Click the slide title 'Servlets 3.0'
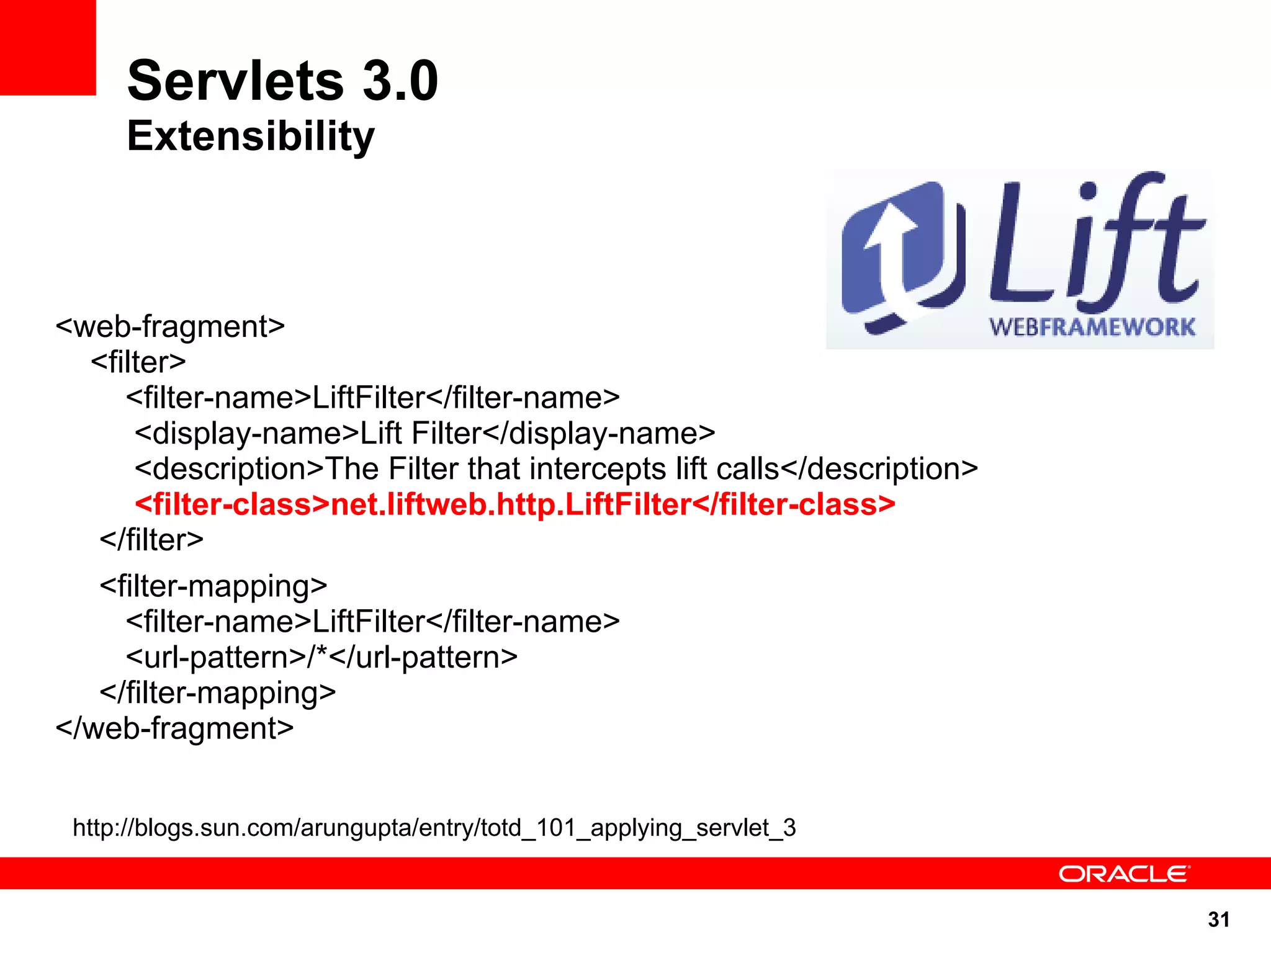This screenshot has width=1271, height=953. tap(282, 81)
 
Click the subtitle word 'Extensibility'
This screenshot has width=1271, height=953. tap(251, 136)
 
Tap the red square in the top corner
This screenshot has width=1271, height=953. tap(47, 47)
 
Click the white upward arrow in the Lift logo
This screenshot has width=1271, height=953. tap(889, 248)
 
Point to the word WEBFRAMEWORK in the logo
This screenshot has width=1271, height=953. tap(1092, 327)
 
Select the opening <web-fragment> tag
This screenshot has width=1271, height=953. tap(170, 326)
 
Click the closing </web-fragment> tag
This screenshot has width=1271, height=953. tap(174, 728)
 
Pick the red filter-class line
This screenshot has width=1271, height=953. tap(515, 504)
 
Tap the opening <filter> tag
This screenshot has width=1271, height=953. tap(138, 362)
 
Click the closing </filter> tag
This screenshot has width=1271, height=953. tap(151, 540)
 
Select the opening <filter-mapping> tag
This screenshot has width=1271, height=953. tap(213, 586)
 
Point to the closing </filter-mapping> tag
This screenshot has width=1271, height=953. tap(217, 692)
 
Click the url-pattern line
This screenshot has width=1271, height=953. tap(321, 657)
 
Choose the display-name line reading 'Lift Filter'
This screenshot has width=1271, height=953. tap(425, 433)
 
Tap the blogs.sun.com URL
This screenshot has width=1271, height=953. tap(434, 828)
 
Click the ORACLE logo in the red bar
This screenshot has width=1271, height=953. tap(1124, 874)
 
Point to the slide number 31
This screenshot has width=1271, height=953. tap(1219, 919)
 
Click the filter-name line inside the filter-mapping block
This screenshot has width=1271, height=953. tap(372, 622)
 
